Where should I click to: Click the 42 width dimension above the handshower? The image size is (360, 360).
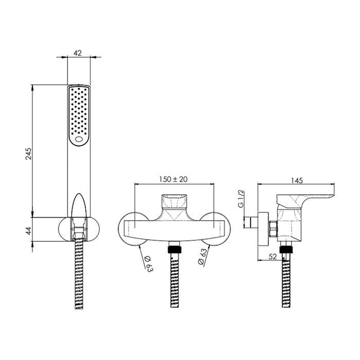(x=78, y=52)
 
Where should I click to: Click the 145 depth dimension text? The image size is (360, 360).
(x=296, y=180)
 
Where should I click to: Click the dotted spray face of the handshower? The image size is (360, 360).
(x=79, y=111)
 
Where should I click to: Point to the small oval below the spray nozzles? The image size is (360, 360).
(x=79, y=139)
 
